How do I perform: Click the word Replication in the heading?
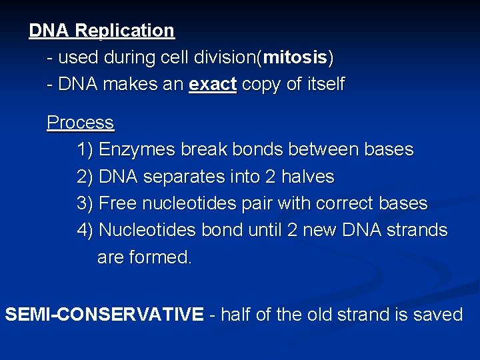[124, 31]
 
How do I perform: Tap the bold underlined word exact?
[212, 85]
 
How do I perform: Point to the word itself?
[322, 85]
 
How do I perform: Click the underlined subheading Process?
[80, 123]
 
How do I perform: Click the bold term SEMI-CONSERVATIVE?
[104, 314]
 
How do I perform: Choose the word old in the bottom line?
[325, 314]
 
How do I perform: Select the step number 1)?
[85, 150]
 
